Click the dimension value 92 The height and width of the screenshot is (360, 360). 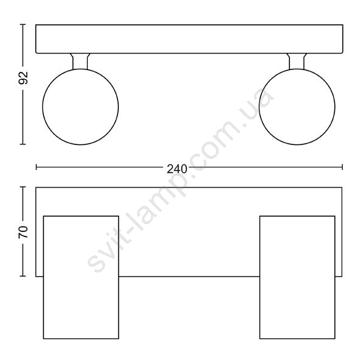(23, 78)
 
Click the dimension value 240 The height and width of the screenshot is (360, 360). (177, 169)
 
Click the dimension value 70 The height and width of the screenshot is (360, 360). (23, 232)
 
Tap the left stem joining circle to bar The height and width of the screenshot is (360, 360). (80, 62)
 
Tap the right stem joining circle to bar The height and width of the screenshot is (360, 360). (297, 62)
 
